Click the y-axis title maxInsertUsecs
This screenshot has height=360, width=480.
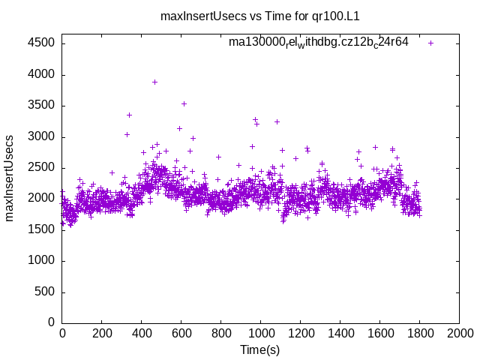10,178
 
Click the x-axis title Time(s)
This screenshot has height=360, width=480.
259,349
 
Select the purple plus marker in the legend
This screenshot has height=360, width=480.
430,43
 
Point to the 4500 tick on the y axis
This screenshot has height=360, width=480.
41,43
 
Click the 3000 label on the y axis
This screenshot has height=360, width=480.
41,136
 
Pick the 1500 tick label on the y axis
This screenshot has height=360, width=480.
41,229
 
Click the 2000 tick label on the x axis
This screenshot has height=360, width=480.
459,332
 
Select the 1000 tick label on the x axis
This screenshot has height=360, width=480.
260,332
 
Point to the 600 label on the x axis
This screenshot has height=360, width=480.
181,332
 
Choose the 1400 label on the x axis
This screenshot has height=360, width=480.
340,332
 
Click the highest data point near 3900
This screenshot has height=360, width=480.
154,82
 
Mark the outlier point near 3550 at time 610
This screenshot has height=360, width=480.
184,103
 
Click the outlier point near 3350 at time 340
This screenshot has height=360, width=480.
129,115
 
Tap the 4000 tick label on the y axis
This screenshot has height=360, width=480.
41,74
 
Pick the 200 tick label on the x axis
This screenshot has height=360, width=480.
101,332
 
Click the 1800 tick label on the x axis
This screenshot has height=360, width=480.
419,332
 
